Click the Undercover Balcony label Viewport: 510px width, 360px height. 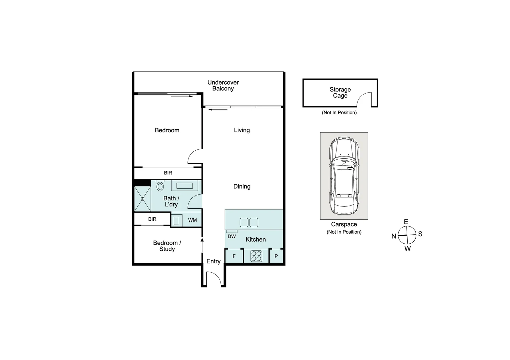pyautogui.click(x=223, y=85)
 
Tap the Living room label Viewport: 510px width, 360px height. pyautogui.click(x=241, y=130)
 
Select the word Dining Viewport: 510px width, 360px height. pyautogui.click(x=241, y=186)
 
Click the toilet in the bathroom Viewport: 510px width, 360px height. pyautogui.click(x=160, y=186)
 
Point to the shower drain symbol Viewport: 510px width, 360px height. pyautogui.click(x=142, y=199)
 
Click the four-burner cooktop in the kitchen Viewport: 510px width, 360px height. pyautogui.click(x=256, y=256)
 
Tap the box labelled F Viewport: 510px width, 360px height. pyautogui.click(x=234, y=256)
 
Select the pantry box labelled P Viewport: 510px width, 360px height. pyautogui.click(x=276, y=256)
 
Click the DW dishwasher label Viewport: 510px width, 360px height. pyautogui.click(x=231, y=236)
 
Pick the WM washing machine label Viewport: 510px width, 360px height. pyautogui.click(x=192, y=220)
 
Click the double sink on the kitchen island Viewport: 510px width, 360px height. pyautogui.click(x=249, y=222)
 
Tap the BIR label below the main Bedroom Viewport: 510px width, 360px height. pyautogui.click(x=168, y=173)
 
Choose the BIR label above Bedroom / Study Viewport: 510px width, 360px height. pyautogui.click(x=152, y=219)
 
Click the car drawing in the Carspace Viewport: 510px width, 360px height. pyautogui.click(x=344, y=176)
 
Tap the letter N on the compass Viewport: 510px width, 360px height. pyautogui.click(x=394, y=236)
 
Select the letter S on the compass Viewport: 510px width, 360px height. pyautogui.click(x=420, y=234)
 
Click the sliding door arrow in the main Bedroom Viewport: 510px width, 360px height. pyautogui.click(x=182, y=96)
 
